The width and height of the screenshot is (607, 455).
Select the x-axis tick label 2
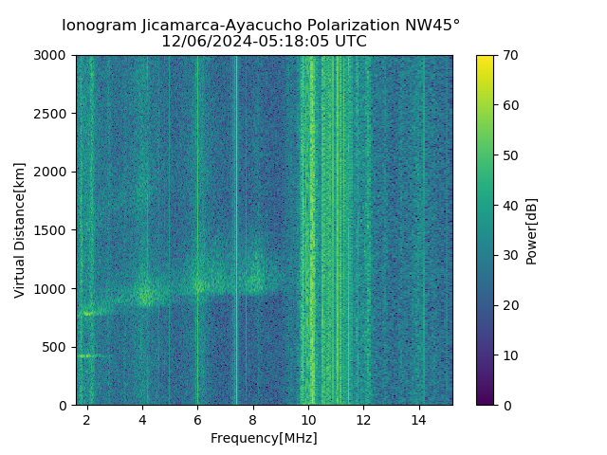click(x=87, y=420)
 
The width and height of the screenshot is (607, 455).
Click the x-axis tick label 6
click(x=197, y=420)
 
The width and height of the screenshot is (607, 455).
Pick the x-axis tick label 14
click(x=418, y=420)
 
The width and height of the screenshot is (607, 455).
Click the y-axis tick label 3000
click(x=54, y=56)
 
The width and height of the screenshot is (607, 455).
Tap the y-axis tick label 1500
click(x=54, y=230)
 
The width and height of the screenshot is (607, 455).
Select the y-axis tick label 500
click(x=58, y=347)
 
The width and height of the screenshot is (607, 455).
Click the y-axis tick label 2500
click(x=54, y=114)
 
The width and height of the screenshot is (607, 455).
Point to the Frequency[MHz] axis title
click(x=264, y=438)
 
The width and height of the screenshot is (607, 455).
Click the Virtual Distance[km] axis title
click(x=20, y=230)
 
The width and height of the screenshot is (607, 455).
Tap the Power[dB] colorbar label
click(x=531, y=230)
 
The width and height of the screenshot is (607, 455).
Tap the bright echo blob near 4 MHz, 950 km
click(x=145, y=295)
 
